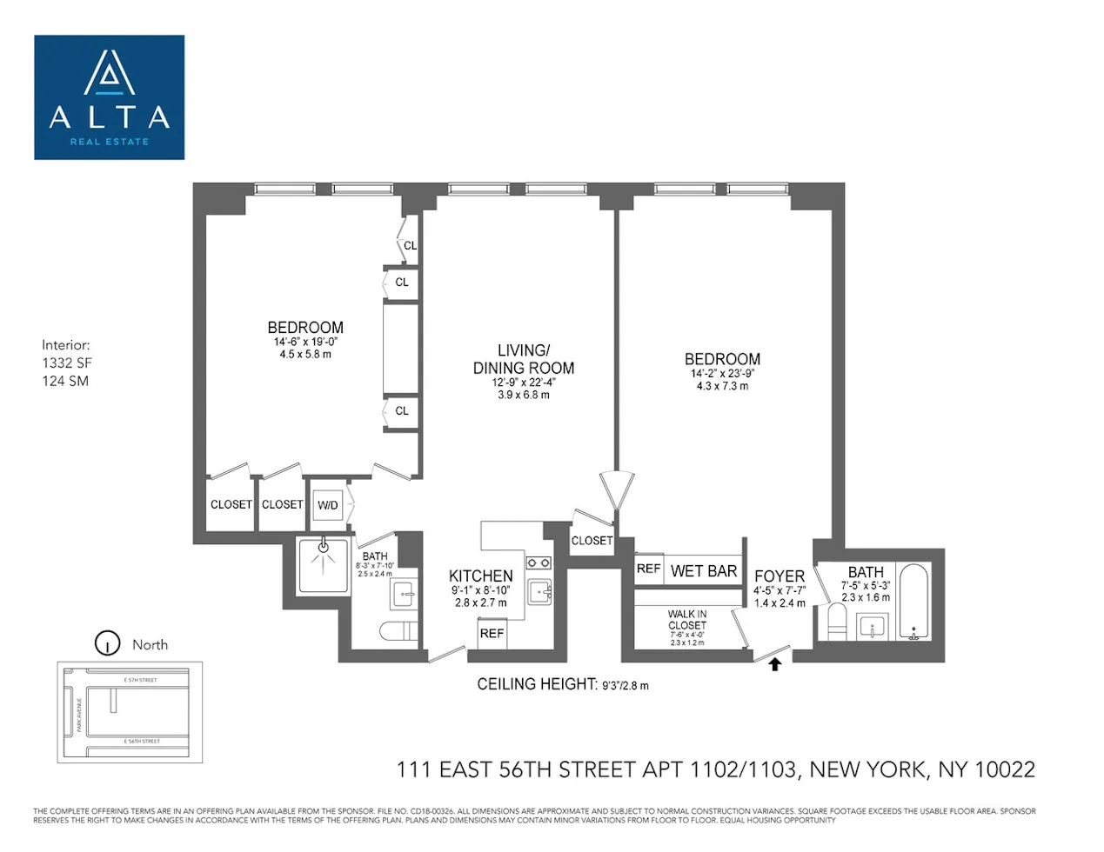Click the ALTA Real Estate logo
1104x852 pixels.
point(110,97)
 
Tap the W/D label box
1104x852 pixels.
point(328,504)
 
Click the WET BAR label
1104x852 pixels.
point(704,571)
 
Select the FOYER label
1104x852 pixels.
point(779,576)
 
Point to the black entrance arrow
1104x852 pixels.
point(775,664)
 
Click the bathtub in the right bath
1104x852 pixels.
point(913,602)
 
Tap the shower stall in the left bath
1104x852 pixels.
point(324,566)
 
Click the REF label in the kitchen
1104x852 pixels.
point(492,633)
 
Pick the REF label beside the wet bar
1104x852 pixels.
point(648,569)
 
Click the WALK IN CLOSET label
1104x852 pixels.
point(687,619)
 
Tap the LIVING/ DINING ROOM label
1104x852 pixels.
point(524,359)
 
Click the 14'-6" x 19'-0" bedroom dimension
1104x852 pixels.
point(305,343)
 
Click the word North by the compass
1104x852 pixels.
point(150,644)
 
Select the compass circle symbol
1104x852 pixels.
point(107,643)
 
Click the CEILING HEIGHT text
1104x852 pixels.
point(537,684)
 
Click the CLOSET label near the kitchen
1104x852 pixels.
point(592,540)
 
